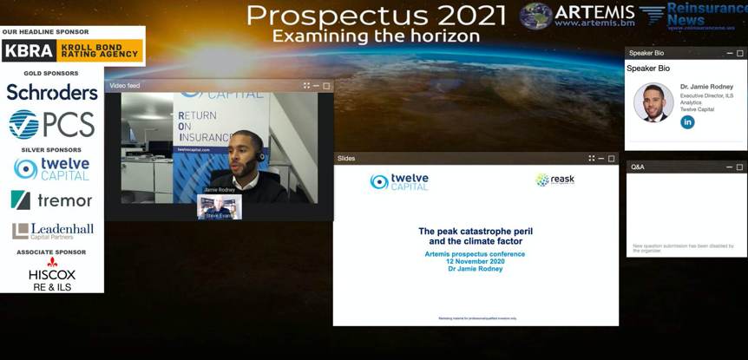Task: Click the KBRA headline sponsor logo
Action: coord(72,50)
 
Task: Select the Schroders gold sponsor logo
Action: coord(52,92)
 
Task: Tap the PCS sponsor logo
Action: coord(52,125)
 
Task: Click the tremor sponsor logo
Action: coord(52,200)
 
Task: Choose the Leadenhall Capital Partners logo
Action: coord(52,231)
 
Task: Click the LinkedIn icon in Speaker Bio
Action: coord(687,122)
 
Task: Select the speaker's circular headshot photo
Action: coord(653,102)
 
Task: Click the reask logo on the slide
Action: coord(555,180)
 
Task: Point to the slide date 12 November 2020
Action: coord(476,261)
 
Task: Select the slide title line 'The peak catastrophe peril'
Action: coord(476,232)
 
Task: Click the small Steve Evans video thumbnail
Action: coord(219,207)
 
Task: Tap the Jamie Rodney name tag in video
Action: coord(220,189)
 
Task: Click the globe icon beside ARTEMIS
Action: coord(536,16)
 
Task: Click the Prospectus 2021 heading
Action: coord(376,15)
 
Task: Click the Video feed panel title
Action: coord(125,86)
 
